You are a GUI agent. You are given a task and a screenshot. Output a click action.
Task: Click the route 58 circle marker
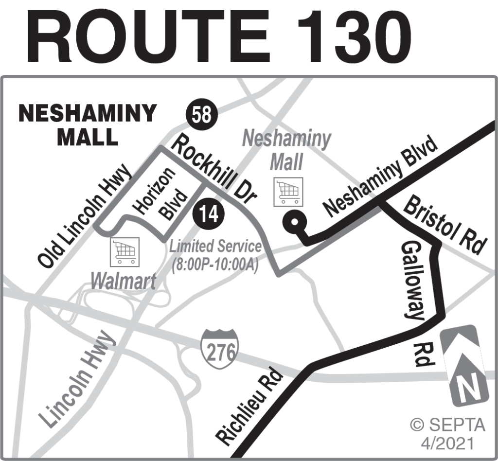tap(201, 115)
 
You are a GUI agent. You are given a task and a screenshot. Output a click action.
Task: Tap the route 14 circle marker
tap(208, 214)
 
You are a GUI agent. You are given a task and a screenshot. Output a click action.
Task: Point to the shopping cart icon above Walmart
tap(125, 251)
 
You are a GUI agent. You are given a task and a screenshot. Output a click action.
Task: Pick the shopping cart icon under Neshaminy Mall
tap(288, 191)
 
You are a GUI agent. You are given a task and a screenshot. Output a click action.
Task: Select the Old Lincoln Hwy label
tap(85, 216)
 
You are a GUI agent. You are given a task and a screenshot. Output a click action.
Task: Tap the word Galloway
tap(413, 281)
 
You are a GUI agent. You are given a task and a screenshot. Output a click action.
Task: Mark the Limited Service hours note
tap(215, 256)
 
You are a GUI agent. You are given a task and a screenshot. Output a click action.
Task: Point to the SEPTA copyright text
tap(447, 432)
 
